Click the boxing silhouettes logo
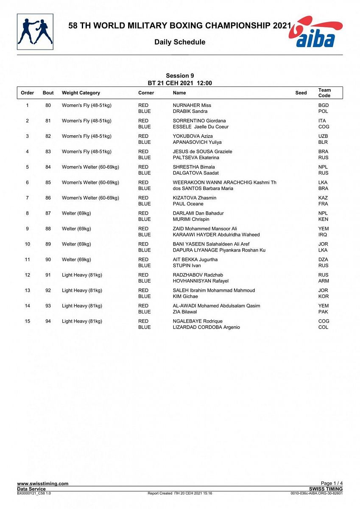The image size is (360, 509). point(35,32)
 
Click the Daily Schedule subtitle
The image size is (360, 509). point(180,42)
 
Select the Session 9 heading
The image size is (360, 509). point(180,76)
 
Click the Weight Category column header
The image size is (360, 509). point(81,93)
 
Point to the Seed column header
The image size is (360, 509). point(301,93)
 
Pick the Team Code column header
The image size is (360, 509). point(324,93)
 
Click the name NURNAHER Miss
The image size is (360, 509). point(192,105)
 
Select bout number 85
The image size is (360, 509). point(48,182)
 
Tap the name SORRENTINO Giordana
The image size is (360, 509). point(199,121)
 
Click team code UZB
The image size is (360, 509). point(323,136)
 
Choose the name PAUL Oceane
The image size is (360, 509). point(188,204)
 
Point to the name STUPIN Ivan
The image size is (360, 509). point(187,266)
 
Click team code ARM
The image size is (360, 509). point(324,281)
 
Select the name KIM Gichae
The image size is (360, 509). point(185,296)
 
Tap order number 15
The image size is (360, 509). point(28,321)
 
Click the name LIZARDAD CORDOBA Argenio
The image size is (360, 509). point(207,327)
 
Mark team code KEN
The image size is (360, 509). point(323,219)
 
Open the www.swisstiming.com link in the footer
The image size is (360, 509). point(42,484)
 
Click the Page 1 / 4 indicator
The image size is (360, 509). point(332,484)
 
